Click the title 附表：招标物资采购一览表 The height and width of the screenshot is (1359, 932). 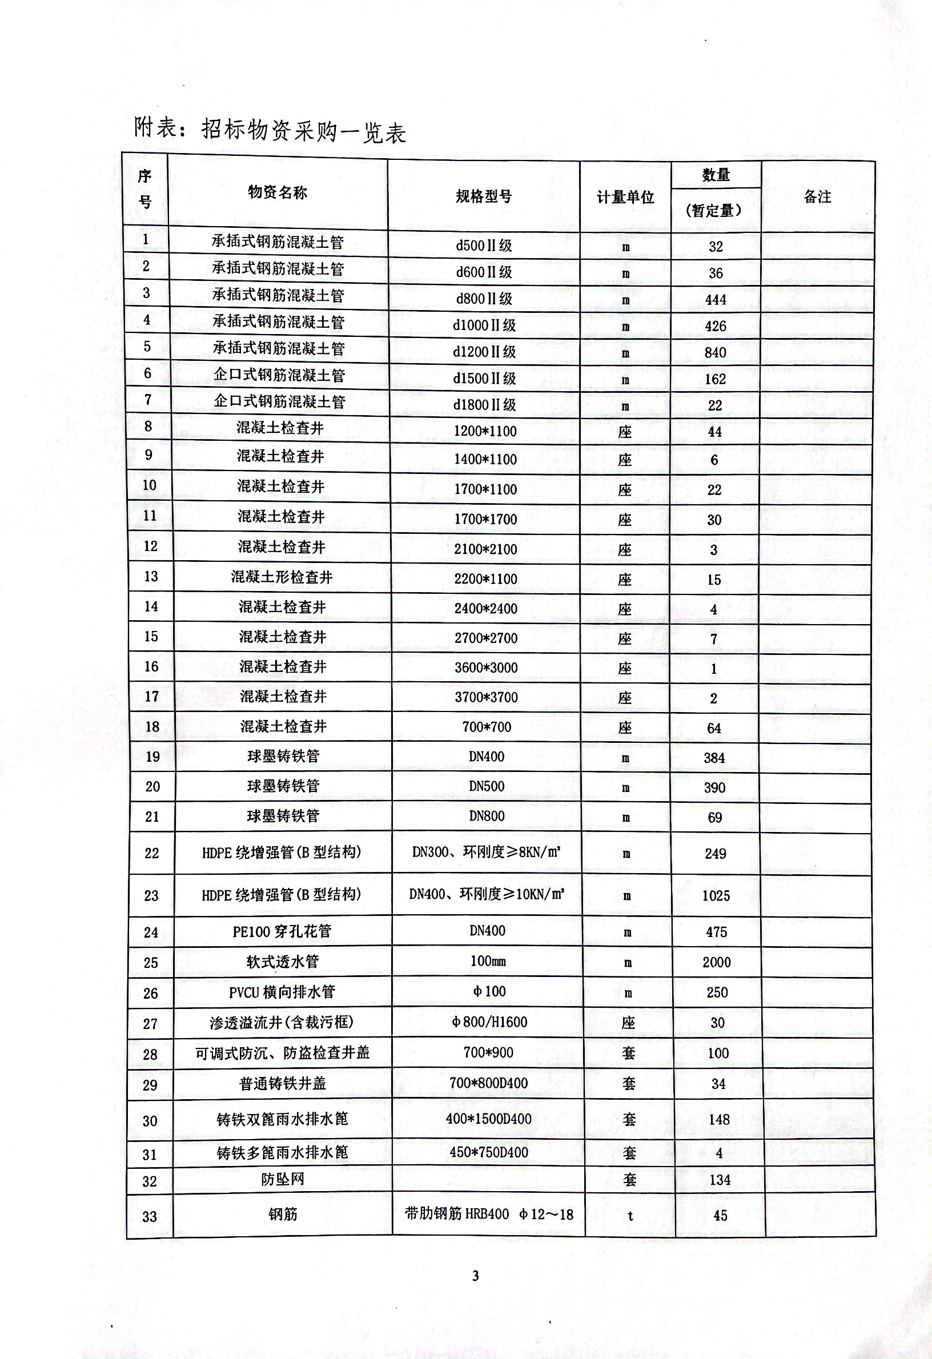(x=270, y=130)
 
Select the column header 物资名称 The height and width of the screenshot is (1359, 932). (x=277, y=192)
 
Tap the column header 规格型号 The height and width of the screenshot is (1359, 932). (x=484, y=196)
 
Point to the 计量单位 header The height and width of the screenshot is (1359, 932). (x=625, y=197)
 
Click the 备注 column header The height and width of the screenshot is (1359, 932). (x=817, y=196)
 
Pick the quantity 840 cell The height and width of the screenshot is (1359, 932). (x=715, y=353)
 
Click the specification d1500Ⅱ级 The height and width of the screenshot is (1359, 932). (x=484, y=379)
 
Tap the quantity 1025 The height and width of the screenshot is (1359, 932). (x=716, y=895)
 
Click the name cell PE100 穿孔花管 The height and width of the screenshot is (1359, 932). (x=282, y=931)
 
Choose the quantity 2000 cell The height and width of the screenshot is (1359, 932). (x=716, y=962)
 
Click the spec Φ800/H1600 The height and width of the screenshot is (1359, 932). (x=489, y=1022)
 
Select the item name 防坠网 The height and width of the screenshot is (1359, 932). (x=283, y=1180)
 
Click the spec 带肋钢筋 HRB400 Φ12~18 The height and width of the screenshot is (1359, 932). (x=489, y=1214)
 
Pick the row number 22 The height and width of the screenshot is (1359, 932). (x=151, y=853)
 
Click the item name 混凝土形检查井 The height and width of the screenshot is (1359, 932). (x=282, y=577)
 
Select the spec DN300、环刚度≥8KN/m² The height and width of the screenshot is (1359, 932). (x=487, y=852)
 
